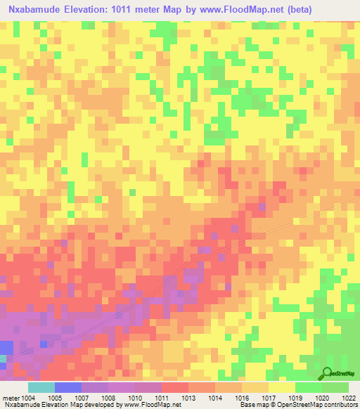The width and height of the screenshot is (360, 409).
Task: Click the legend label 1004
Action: (x=29, y=397)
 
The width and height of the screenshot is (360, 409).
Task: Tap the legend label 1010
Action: (x=136, y=397)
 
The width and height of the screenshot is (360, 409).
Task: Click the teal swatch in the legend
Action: (x=41, y=387)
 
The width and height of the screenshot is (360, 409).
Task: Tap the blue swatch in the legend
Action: (x=68, y=387)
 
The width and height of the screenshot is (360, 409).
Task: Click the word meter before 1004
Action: (x=11, y=397)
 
